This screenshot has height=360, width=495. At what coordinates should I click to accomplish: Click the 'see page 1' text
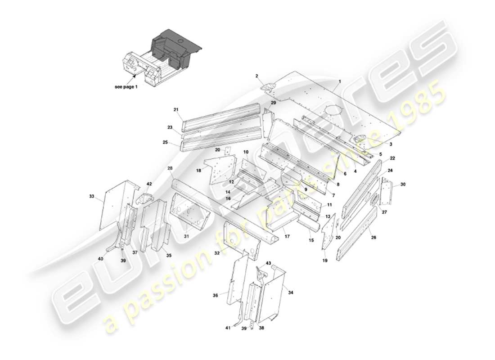[126, 87]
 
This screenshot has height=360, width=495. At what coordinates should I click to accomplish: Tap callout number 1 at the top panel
[340, 81]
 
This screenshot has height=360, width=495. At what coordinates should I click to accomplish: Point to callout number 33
[92, 196]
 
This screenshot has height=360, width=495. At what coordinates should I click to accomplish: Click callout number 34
[291, 292]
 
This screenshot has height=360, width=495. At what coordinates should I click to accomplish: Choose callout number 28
[171, 168]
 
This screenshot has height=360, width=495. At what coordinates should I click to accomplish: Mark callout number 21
[176, 109]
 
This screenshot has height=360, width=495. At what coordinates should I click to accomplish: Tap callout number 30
[403, 184]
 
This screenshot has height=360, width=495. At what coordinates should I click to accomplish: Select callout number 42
[149, 184]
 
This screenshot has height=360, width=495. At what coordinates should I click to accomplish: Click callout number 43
[268, 262]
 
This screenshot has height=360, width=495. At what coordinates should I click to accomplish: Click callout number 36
[216, 295]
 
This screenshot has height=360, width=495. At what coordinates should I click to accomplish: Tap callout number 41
[228, 328]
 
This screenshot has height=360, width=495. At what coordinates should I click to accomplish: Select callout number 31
[186, 236]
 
